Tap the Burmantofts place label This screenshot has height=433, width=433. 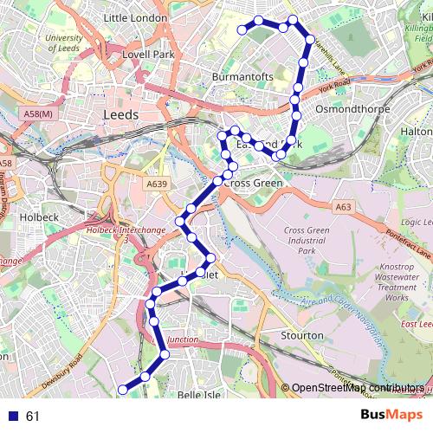(x=242, y=77)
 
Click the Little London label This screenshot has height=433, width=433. (x=134, y=17)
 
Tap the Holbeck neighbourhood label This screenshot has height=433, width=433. (x=38, y=218)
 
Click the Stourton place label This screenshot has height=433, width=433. (x=302, y=335)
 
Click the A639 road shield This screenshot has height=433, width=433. (x=157, y=184)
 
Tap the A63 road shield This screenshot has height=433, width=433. (x=343, y=206)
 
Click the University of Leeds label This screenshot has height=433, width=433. (x=64, y=43)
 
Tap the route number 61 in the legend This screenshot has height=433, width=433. (x=33, y=417)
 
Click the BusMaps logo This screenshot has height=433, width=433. (x=386, y=415)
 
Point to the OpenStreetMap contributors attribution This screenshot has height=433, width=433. (x=357, y=388)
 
